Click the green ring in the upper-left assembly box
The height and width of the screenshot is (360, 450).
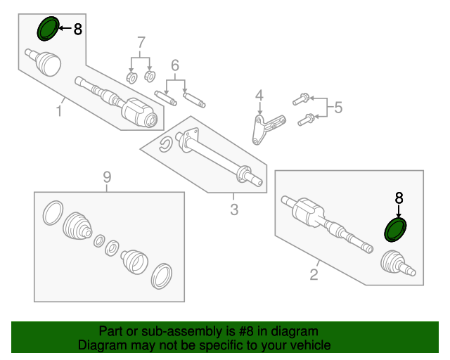tap(48, 29)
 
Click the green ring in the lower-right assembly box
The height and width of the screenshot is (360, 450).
tap(396, 230)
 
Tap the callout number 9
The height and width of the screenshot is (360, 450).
tap(107, 176)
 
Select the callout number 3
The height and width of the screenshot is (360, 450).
tap(234, 209)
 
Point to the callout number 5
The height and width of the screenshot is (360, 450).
tap(337, 108)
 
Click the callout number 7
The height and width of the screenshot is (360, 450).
tap(141, 41)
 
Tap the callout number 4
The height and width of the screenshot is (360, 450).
tap(259, 95)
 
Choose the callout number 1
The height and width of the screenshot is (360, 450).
tap(60, 110)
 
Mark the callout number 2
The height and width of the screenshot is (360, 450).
tap(314, 275)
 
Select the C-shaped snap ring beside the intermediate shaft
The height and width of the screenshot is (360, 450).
tap(166, 146)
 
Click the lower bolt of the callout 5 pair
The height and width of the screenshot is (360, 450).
tap(304, 120)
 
